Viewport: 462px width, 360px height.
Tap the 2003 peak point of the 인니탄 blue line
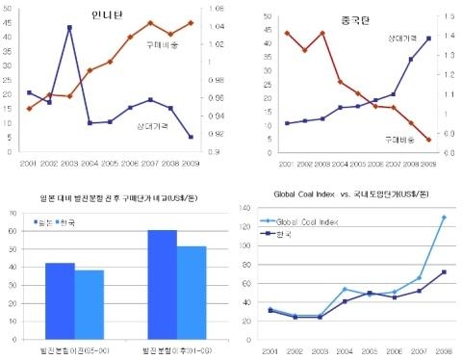point(69,28)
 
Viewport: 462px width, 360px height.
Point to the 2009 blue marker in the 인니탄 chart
point(190,137)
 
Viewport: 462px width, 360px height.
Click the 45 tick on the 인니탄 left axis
point(10,22)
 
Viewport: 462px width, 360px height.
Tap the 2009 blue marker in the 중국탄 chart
point(427,39)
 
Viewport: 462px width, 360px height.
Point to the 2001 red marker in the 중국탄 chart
point(287,33)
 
